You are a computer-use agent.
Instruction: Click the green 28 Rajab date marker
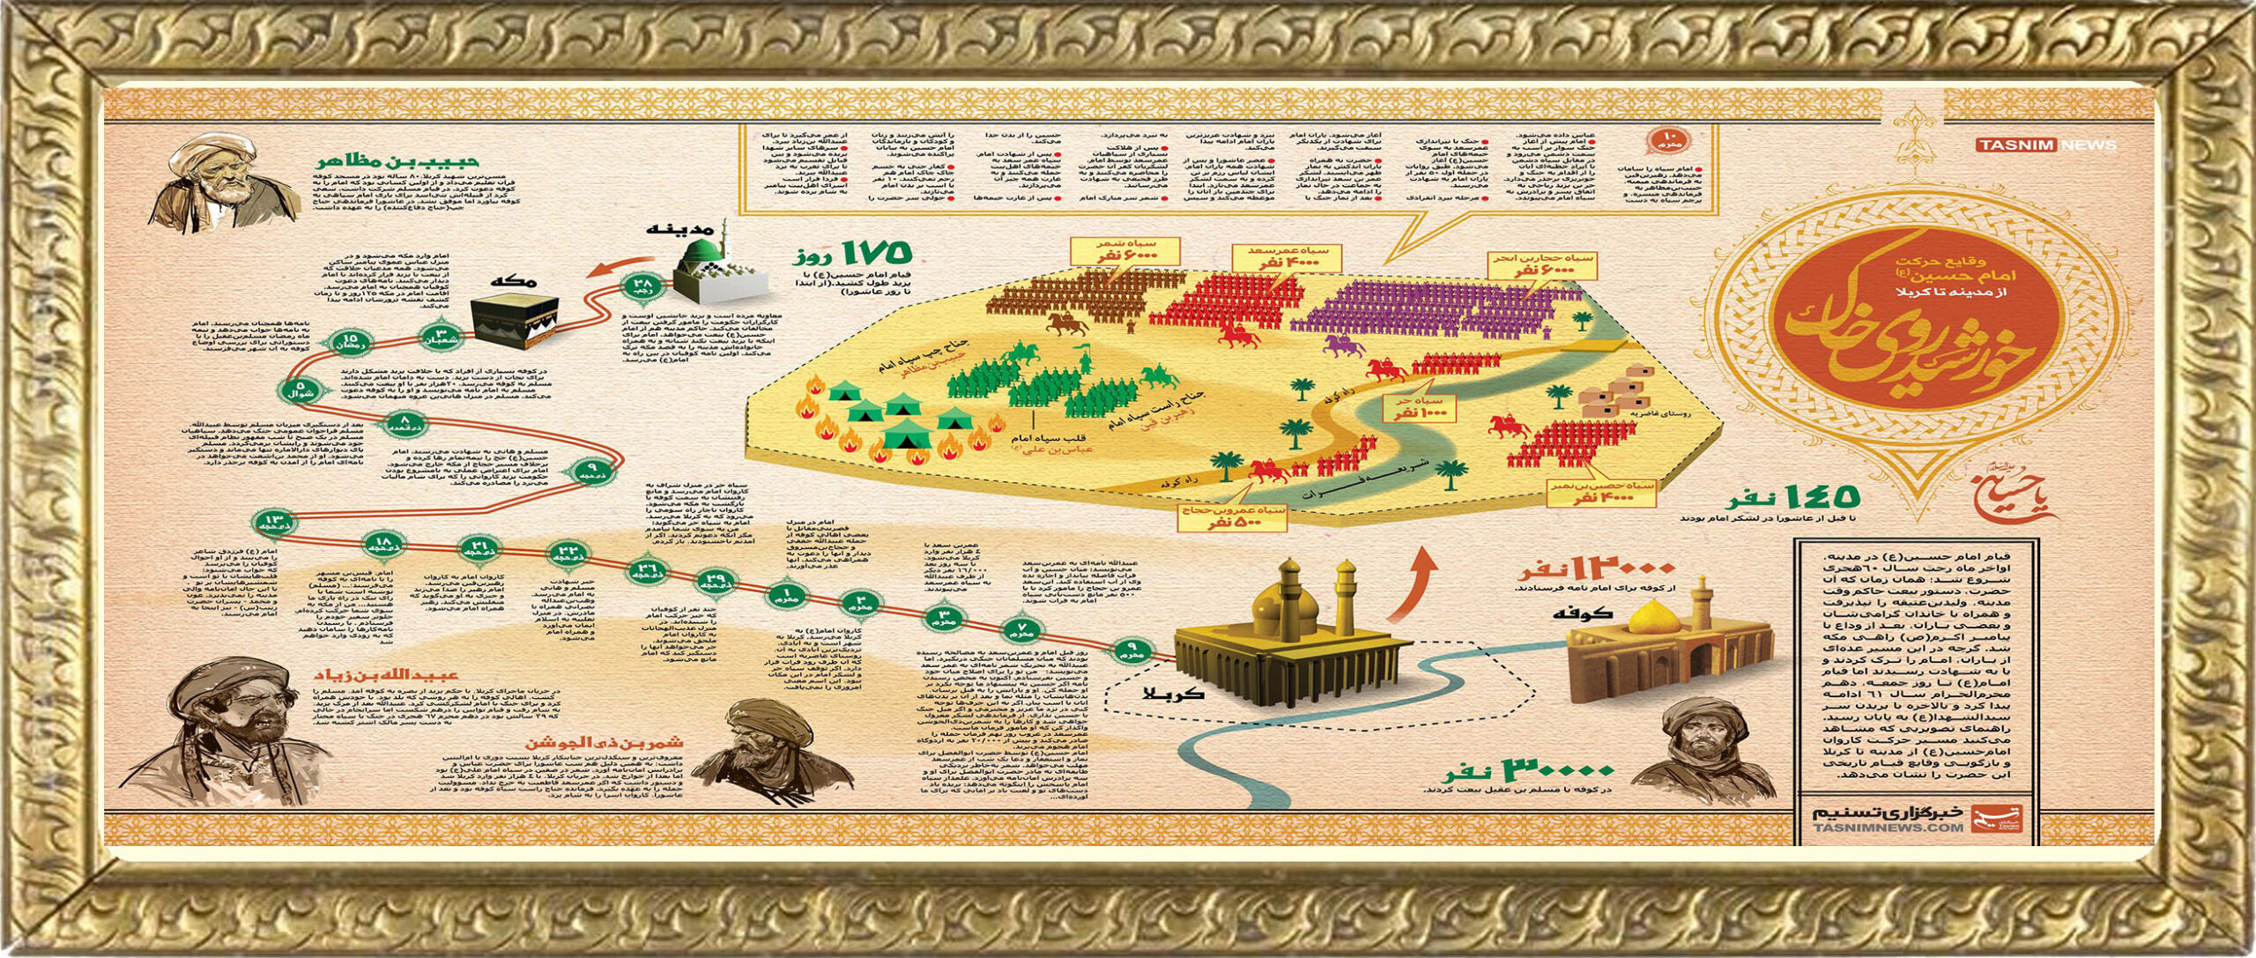pos(640,285)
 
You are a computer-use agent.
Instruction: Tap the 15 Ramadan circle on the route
pos(350,343)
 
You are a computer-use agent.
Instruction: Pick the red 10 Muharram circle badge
pos(1673,140)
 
